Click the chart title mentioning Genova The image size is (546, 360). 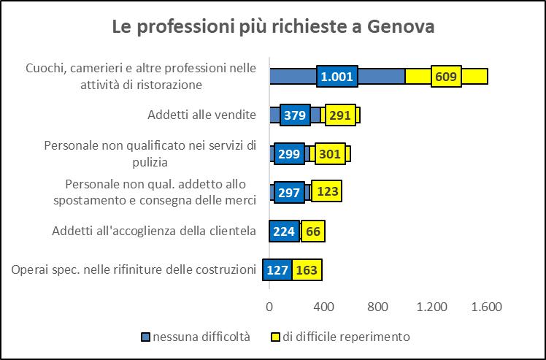[x=273, y=27]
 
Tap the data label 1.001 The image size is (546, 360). [x=337, y=76]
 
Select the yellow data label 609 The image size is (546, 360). [x=445, y=76]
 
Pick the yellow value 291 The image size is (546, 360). [x=339, y=115]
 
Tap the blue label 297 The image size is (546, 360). [x=289, y=192]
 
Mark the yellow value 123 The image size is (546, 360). [x=326, y=192]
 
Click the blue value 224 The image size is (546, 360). [x=284, y=231]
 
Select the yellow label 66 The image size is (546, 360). [x=314, y=231]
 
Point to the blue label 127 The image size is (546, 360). [x=277, y=270]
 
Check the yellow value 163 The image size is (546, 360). [x=307, y=270]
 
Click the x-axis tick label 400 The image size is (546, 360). [x=323, y=307]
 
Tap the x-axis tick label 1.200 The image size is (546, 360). [x=431, y=307]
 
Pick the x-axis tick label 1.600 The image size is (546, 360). [x=486, y=307]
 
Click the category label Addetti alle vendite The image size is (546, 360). [x=201, y=115]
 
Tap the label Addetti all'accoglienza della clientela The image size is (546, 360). [x=154, y=231]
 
